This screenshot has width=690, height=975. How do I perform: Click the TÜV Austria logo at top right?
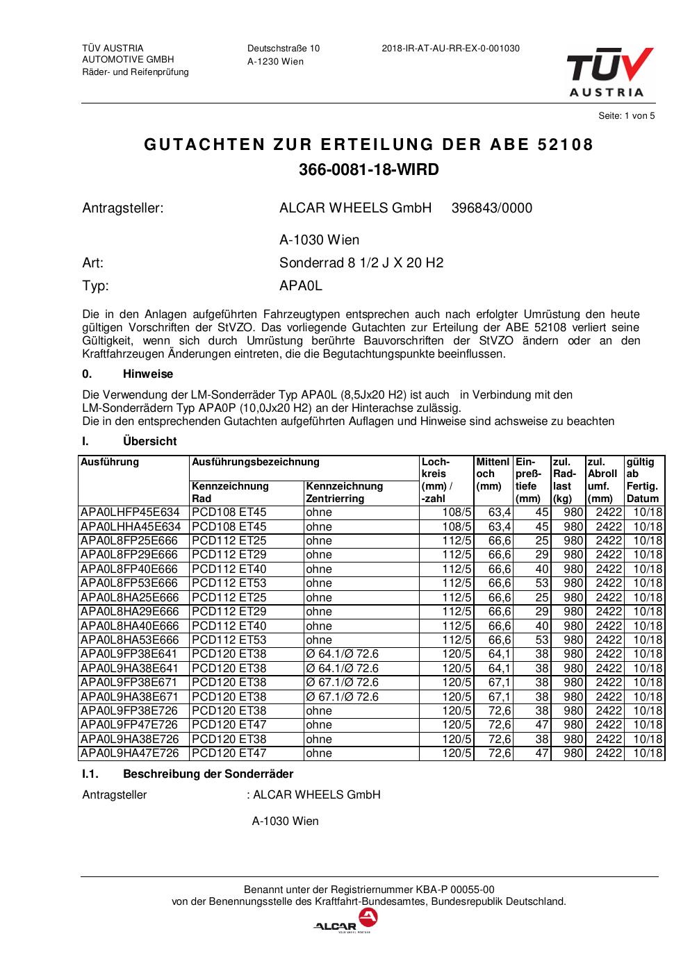(x=609, y=72)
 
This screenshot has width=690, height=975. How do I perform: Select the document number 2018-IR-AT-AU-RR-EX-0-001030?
(x=450, y=49)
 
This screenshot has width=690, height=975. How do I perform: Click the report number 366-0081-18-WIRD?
(x=368, y=170)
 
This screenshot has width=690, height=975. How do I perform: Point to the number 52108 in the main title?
(x=566, y=145)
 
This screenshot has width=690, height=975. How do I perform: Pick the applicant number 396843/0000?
(x=491, y=208)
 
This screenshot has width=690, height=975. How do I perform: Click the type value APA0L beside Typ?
(x=300, y=285)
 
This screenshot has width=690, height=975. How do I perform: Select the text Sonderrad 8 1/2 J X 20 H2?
(x=361, y=263)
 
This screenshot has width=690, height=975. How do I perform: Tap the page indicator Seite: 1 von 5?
(x=626, y=116)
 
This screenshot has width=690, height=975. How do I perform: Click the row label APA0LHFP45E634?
(x=130, y=512)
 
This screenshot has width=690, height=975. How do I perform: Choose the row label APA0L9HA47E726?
(x=130, y=753)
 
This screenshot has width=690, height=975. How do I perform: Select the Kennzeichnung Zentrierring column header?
(x=345, y=492)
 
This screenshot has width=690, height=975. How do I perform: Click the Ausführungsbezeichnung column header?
(x=255, y=462)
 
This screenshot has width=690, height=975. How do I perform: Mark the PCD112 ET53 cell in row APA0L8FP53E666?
(x=229, y=583)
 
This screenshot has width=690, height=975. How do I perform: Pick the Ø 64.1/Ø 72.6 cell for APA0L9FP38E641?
(x=342, y=654)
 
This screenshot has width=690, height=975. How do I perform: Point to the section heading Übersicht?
(x=149, y=442)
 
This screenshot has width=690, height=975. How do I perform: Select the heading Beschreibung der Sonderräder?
(x=208, y=774)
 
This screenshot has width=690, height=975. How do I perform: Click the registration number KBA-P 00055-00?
(x=455, y=890)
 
